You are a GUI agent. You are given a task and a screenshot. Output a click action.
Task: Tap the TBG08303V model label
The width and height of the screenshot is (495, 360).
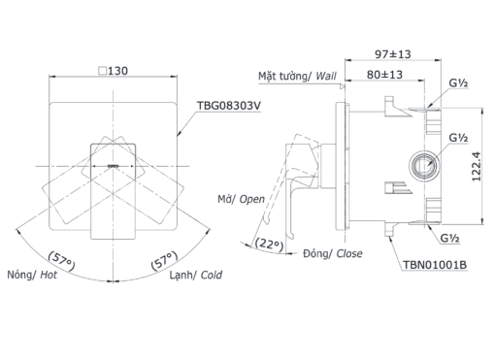point(229,106)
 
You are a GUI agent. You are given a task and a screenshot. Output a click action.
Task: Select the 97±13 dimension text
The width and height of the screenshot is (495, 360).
point(393,54)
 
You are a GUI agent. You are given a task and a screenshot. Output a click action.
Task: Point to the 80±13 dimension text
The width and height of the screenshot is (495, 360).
point(384,75)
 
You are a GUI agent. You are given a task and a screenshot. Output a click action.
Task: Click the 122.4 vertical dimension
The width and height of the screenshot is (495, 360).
point(477,167)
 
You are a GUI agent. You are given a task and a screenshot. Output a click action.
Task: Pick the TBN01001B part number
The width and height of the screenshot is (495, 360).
point(435,265)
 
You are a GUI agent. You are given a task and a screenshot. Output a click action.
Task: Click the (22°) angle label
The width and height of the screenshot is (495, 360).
point(269,244)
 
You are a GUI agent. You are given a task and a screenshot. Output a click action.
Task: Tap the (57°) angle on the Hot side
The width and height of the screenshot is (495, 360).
point(61,261)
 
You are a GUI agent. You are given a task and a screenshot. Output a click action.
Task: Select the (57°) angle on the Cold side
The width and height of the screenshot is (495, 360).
point(164,260)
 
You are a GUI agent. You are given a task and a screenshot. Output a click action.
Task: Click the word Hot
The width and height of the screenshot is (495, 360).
point(49,275)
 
